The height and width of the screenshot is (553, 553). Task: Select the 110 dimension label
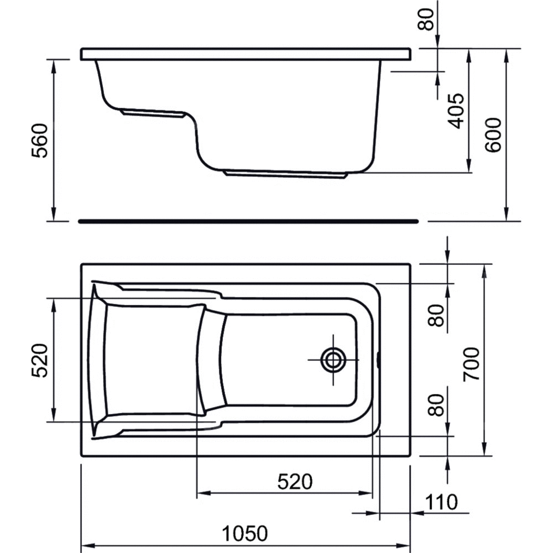(441, 502)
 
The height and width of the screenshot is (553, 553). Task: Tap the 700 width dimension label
(472, 364)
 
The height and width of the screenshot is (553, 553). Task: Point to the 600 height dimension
(492, 135)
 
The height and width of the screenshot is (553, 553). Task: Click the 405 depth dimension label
(456, 111)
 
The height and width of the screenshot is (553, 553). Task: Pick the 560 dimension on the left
(39, 140)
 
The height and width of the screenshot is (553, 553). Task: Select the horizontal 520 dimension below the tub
(295, 482)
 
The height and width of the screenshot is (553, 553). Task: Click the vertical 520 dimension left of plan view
(39, 360)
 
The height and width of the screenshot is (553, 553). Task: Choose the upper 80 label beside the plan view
(436, 315)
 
